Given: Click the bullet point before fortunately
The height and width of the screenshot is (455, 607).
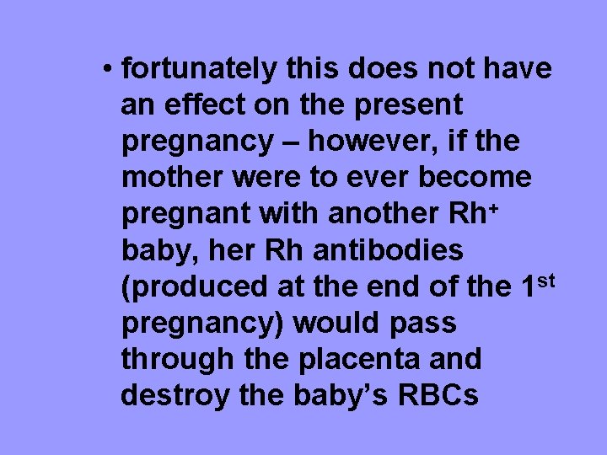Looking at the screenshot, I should tap(108, 69).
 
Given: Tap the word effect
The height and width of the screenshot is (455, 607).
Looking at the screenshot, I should tap(191, 105).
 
